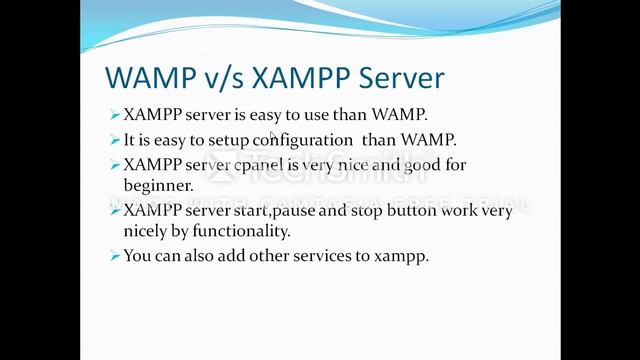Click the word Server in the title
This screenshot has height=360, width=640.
point(395,78)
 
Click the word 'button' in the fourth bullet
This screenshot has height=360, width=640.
point(425,211)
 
